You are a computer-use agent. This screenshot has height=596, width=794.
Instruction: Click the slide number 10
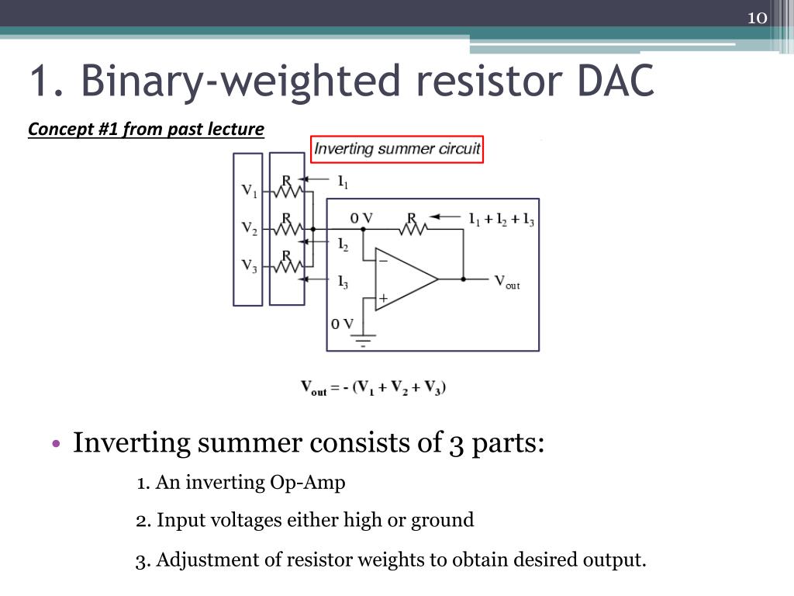[x=756, y=19]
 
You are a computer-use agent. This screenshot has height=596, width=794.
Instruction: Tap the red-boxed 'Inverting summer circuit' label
[x=397, y=149]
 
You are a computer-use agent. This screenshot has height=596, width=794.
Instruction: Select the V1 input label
[x=250, y=190]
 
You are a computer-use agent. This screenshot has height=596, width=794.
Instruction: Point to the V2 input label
[x=250, y=228]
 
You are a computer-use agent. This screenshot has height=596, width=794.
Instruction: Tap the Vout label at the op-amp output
[x=507, y=281]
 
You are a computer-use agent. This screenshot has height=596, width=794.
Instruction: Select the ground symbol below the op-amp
[x=363, y=338]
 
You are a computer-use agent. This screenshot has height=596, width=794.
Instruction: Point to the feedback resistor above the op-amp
[x=413, y=228]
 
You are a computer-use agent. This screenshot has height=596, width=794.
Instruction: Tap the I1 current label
[x=343, y=183]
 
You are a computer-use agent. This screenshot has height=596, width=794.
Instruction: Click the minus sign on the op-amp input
[x=383, y=262]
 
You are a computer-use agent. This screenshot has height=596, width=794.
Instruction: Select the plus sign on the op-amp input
[x=383, y=297]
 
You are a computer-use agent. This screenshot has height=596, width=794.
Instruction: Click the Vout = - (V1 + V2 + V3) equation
[x=373, y=388]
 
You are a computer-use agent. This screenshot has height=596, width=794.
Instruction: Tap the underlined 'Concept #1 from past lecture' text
[x=146, y=129]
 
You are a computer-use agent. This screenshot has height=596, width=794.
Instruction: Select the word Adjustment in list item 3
[x=198, y=560]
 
